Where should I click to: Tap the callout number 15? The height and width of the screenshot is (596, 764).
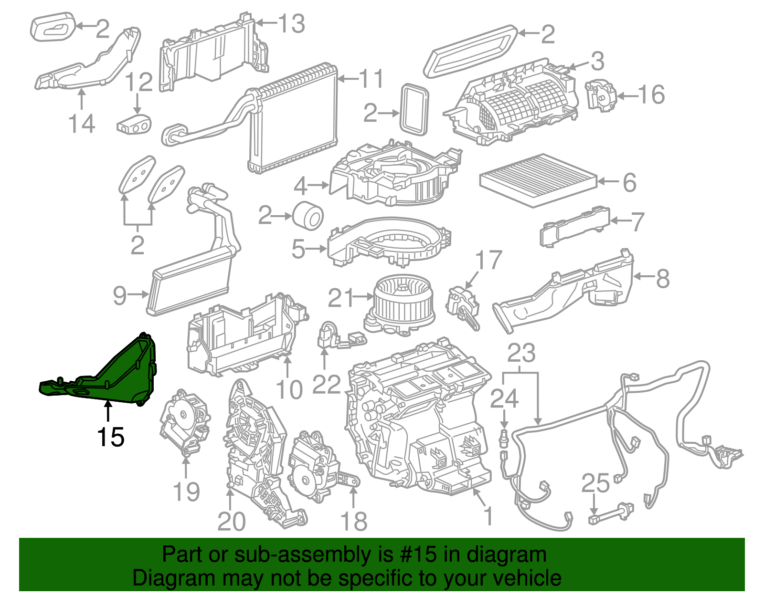[111, 437]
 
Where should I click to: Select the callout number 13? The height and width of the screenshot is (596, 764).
[292, 24]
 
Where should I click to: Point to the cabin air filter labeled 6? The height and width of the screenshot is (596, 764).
[538, 180]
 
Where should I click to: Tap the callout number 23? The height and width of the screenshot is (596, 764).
[521, 353]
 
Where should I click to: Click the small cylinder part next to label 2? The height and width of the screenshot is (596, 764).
[308, 215]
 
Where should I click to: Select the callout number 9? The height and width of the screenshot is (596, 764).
[119, 296]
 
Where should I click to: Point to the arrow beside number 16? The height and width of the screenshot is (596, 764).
[627, 95]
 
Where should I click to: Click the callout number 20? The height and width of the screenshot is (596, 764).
[231, 522]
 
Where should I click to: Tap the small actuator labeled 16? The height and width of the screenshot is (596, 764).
[601, 95]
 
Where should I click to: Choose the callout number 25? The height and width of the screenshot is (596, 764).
[595, 483]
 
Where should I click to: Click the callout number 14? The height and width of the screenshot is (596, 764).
[82, 124]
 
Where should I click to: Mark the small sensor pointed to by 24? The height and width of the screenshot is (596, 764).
[504, 438]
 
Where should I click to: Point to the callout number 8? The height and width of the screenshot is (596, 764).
[663, 279]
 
